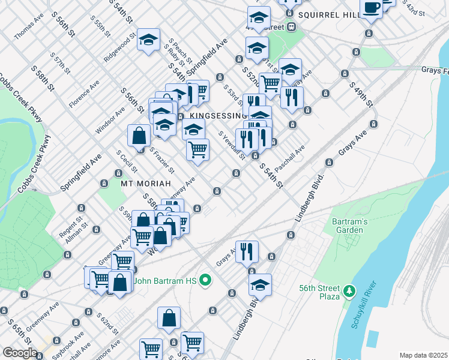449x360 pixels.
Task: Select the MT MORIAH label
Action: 143,182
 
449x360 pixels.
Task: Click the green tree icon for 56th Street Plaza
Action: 348,292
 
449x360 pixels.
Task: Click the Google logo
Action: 20,353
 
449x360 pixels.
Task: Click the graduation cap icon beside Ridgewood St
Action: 148,41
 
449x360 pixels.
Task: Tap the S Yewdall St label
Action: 232,146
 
